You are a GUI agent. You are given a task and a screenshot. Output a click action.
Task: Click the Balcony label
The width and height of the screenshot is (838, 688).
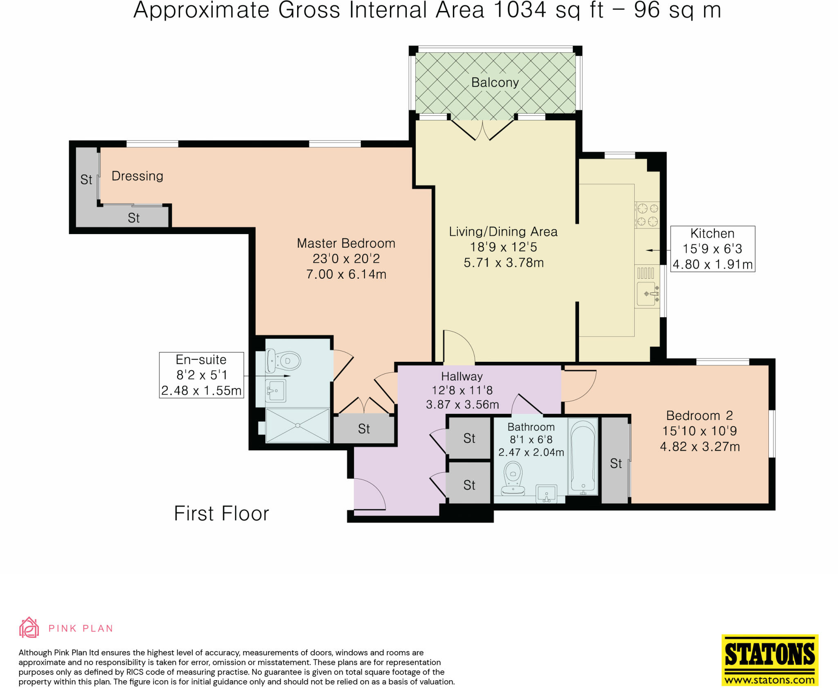pos(495,83)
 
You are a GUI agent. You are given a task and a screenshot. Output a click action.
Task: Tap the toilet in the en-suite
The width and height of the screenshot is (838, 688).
pos(283,361)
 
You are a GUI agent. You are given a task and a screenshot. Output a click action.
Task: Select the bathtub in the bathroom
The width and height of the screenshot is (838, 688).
pos(583,456)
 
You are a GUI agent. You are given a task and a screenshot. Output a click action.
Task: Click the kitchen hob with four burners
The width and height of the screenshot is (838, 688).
pos(647,214)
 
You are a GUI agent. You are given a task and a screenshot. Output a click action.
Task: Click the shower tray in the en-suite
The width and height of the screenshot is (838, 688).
pos(297,426)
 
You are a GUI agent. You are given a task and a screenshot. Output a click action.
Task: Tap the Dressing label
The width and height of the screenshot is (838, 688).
pos(137,176)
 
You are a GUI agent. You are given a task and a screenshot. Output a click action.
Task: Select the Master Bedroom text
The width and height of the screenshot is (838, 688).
pos(346,243)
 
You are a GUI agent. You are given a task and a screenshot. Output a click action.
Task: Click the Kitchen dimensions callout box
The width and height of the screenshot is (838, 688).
pos(712,249)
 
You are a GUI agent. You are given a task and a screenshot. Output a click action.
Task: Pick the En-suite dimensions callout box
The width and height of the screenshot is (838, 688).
pos(201,375)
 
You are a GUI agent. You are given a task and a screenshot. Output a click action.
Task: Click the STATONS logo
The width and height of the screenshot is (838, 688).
pos(770,659)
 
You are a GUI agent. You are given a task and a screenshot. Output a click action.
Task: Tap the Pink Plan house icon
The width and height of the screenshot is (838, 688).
pos(29,627)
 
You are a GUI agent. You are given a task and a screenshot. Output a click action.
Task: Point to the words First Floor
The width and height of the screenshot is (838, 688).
pos(221,514)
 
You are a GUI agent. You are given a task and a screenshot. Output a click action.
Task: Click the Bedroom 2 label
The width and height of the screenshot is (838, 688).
pos(699,415)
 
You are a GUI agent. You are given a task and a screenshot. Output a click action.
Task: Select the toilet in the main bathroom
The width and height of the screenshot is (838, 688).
pos(513,478)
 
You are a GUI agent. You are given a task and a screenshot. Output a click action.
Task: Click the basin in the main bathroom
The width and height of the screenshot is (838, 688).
pos(546,493)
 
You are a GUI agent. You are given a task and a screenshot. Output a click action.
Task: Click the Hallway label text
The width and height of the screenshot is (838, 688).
pos(462,376)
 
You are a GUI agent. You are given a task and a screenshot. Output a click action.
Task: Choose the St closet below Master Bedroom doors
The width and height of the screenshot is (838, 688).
pos(364,429)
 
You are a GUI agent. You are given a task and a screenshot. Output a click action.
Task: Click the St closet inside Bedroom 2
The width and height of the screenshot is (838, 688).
pos(615,460)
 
